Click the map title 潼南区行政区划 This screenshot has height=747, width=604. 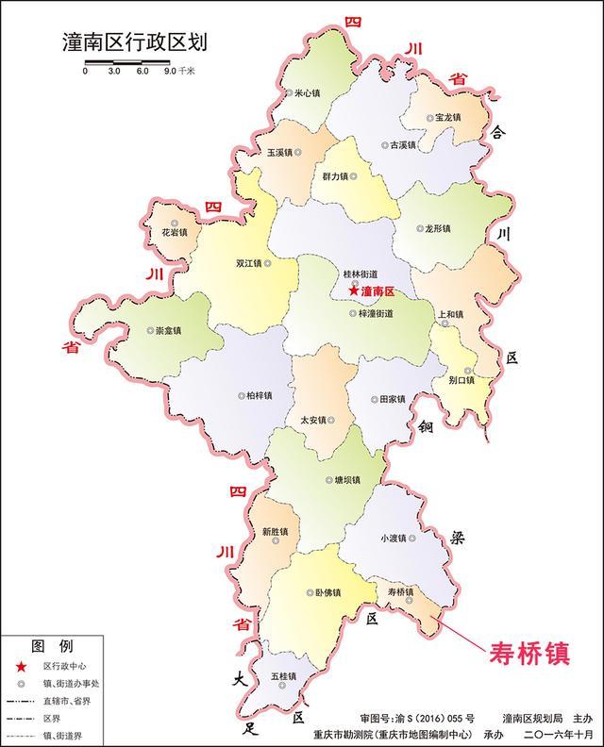pyautogui.click(x=133, y=42)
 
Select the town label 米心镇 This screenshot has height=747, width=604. pyautogui.click(x=307, y=93)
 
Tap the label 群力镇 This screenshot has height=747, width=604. pyautogui.click(x=334, y=175)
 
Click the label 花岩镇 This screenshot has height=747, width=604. pyautogui.click(x=173, y=231)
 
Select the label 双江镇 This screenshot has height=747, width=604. pyautogui.click(x=253, y=263)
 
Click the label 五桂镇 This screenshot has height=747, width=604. pyautogui.click(x=282, y=676)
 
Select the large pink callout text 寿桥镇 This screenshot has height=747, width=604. pyautogui.click(x=528, y=653)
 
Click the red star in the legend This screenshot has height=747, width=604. pyautogui.click(x=21, y=667)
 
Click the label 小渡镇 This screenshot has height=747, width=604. pyautogui.click(x=393, y=538)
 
